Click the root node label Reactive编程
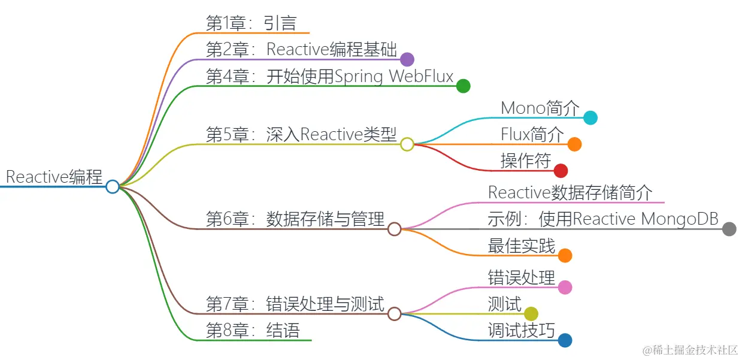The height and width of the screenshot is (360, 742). coord(54,177)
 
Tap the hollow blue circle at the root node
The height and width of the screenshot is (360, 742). coord(113,186)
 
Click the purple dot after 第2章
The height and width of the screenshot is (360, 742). coord(407,59)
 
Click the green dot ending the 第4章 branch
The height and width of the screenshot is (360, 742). coord(463,86)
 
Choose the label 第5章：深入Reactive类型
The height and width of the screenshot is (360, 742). coord(301,135)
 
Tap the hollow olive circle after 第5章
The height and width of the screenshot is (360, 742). coord(407,144)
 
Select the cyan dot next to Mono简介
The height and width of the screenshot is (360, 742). coord(590,118)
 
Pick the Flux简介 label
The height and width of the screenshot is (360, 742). coord(532,134)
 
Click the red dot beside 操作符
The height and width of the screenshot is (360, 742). coord(561,171)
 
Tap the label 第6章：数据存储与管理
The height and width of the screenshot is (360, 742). coord(295,219)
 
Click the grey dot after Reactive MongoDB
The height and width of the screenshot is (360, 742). coord(729,229)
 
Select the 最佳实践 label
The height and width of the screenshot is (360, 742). coord(522,246)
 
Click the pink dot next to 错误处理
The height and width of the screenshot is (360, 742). coord(565,287)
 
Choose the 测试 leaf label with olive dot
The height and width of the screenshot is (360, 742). coord(505,304)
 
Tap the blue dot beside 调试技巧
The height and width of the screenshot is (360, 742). coord(565,340)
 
